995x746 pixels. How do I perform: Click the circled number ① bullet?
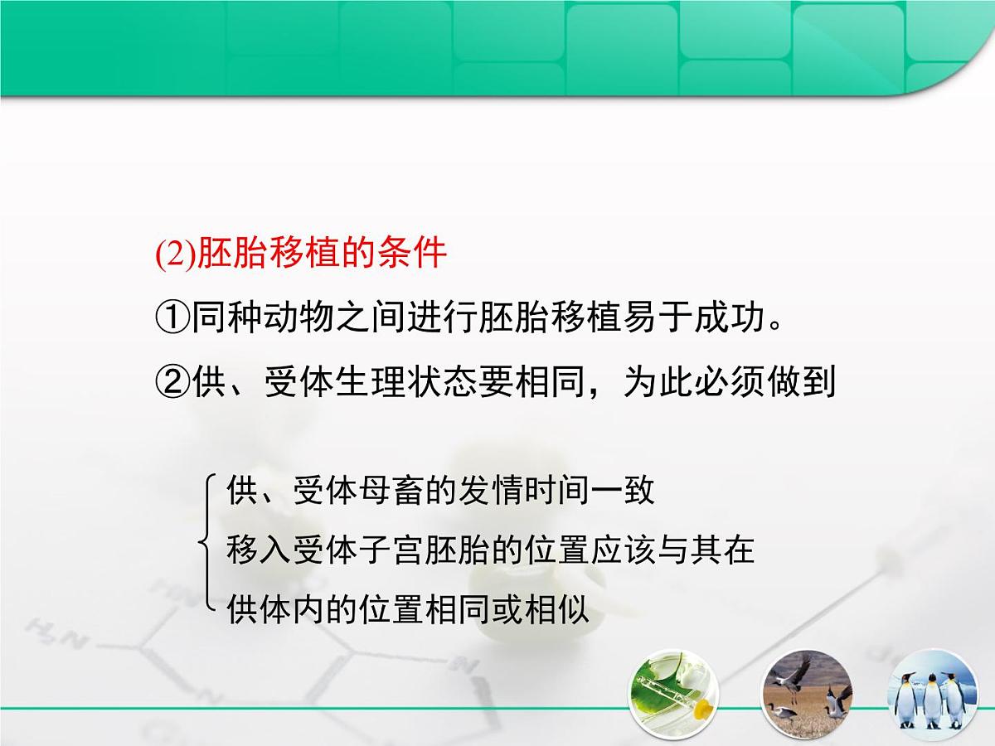[x=172, y=318]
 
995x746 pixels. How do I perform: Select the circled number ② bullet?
[x=172, y=382]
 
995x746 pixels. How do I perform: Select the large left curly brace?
[x=207, y=544]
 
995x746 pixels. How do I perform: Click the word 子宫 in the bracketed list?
[x=393, y=550]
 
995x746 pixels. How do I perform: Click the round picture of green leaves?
[x=673, y=691]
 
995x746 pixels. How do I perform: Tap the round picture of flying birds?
[x=807, y=691]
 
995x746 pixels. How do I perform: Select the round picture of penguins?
[x=934, y=691]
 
